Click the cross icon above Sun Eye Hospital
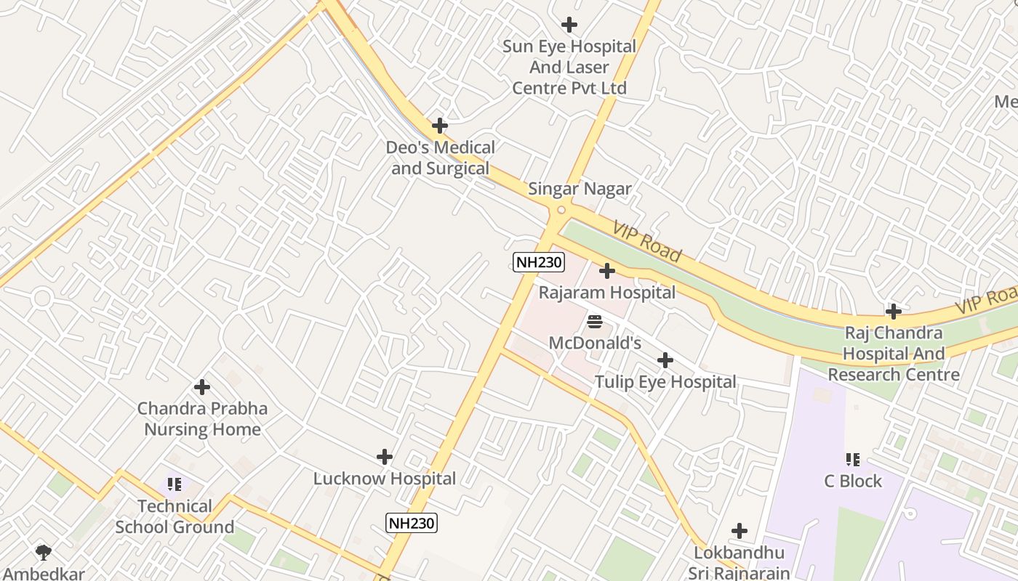click(569, 25)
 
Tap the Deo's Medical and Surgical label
click(440, 158)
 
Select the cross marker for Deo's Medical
click(440, 126)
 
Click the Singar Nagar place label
click(580, 189)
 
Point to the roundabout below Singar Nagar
click(561, 211)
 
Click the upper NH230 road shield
click(539, 263)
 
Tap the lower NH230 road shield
click(412, 523)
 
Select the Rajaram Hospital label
click(607, 293)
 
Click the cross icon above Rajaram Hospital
click(607, 272)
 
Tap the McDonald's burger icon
click(595, 321)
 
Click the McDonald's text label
click(595, 343)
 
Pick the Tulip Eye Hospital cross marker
click(665, 360)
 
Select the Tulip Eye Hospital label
click(665, 382)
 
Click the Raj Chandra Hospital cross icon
click(894, 312)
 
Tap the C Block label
click(853, 481)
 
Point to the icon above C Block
click(853, 459)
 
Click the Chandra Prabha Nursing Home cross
click(202, 388)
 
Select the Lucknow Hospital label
click(385, 479)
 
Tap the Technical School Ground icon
click(175, 484)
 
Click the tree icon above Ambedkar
click(44, 553)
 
